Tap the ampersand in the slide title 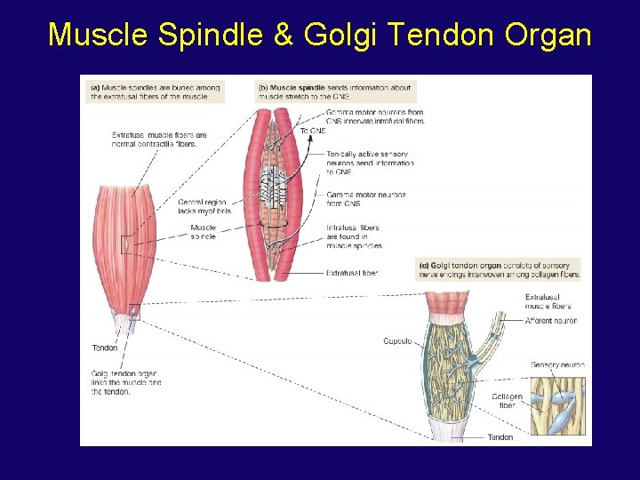[x=282, y=35]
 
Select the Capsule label [x=397, y=341]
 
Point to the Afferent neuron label [x=551, y=321]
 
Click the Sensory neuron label [x=556, y=365]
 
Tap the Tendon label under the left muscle [x=105, y=348]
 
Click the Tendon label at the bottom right [x=500, y=437]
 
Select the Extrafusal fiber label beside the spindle [x=351, y=273]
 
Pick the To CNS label [x=313, y=131]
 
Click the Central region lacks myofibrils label [x=211, y=206]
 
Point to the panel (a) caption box [x=156, y=92]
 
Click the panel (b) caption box [x=334, y=92]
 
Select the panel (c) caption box [x=499, y=269]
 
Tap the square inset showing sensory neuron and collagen [x=557, y=405]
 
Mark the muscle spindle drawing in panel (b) [x=278, y=191]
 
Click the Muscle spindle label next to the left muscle [x=203, y=232]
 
